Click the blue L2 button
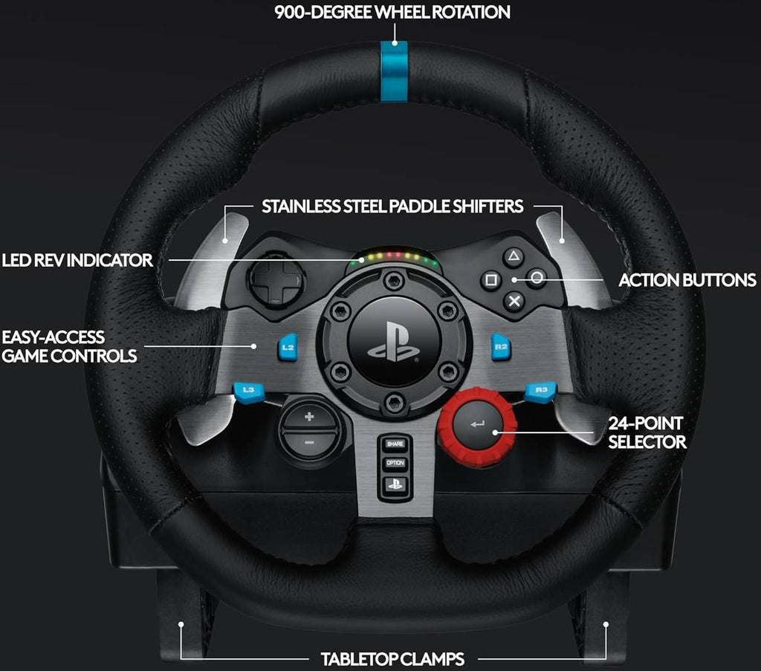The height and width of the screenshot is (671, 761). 288,347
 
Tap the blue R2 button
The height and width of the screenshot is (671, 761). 500,347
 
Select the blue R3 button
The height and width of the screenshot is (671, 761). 540,392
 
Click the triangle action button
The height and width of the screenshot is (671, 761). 514,257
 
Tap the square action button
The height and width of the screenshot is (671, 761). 490,280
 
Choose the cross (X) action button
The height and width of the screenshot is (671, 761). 514,301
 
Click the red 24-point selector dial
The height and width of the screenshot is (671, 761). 477,427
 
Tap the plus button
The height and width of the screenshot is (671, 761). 309,416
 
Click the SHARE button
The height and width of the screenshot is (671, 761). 395,444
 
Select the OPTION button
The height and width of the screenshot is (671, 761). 395,463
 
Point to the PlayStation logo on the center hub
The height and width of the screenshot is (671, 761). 394,342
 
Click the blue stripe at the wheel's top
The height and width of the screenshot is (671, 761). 394,71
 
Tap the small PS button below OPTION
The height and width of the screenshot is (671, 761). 395,484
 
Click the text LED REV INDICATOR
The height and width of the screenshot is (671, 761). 77,261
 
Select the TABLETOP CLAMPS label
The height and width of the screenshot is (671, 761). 392,659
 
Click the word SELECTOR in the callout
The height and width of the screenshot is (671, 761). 647,442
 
